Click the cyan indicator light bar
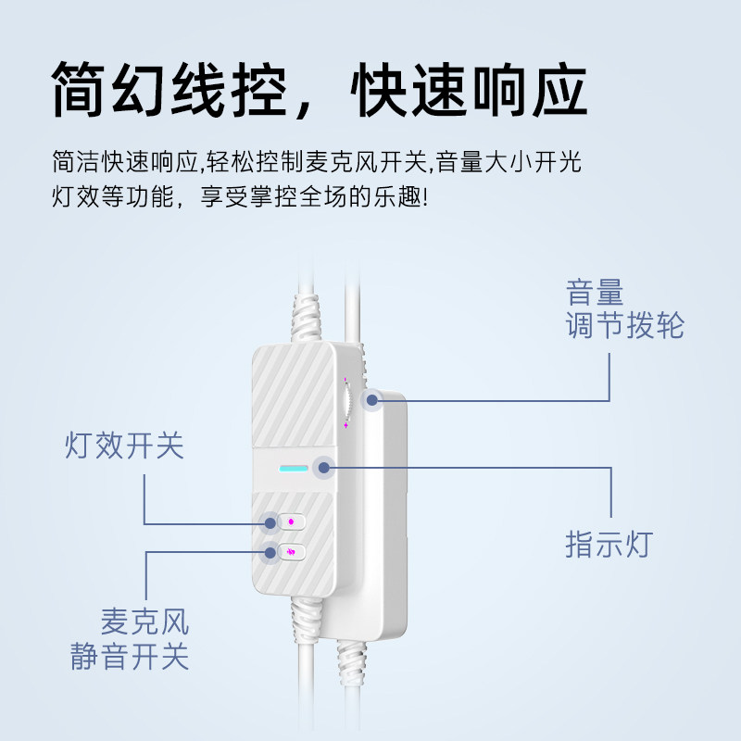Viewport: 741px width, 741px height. point(294,468)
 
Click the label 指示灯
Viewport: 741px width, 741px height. point(609,544)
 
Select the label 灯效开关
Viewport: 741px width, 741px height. point(124,446)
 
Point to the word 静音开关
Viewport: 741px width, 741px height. point(130,656)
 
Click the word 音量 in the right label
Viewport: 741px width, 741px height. point(595,294)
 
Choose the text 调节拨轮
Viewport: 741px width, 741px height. point(625,326)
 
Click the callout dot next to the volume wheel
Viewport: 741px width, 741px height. point(373,400)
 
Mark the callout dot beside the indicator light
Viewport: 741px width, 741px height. point(323,467)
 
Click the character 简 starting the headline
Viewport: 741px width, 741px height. point(82,90)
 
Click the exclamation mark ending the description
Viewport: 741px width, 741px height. point(425,197)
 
